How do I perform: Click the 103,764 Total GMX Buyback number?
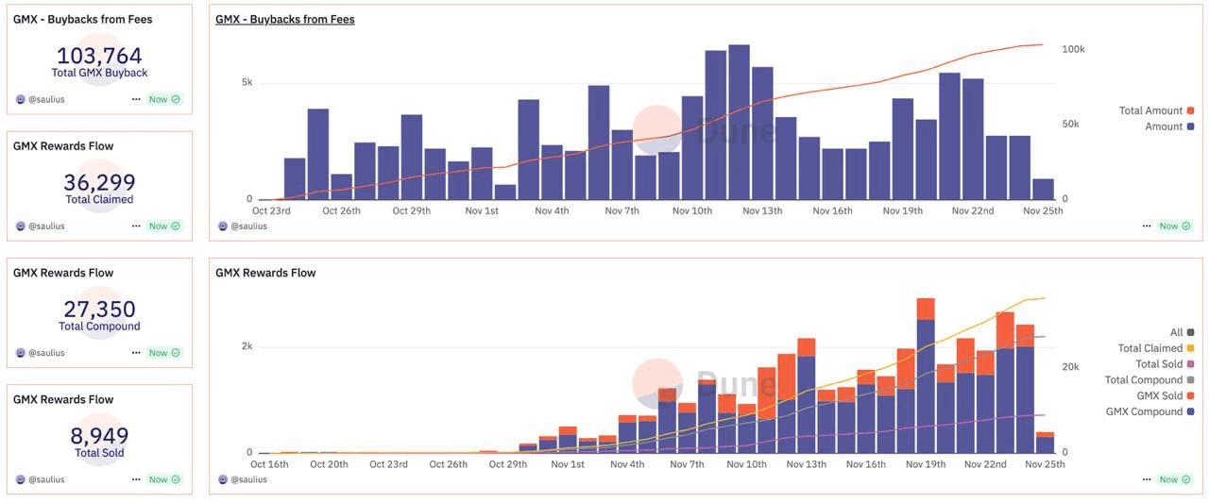tap(99, 56)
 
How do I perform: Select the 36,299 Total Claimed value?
tap(99, 182)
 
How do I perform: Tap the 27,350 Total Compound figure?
tap(99, 309)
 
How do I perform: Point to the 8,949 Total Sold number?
tap(99, 436)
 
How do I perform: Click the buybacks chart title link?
tap(284, 19)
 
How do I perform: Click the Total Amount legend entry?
tap(1150, 110)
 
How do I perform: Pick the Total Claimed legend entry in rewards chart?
tap(1149, 348)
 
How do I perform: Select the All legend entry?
tap(1176, 332)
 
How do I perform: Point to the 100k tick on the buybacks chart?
tap(1073, 49)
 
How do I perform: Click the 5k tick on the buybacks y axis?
tap(247, 82)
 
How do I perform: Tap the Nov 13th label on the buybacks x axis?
tap(762, 210)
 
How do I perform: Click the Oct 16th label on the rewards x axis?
tap(269, 464)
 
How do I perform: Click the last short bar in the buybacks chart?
tap(1043, 189)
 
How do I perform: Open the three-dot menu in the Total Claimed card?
tap(136, 226)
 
